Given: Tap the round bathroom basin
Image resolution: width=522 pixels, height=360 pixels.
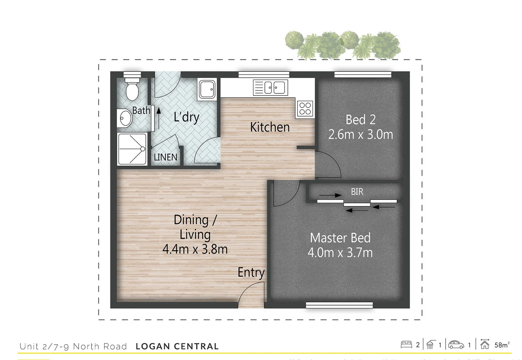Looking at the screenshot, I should point(126,118).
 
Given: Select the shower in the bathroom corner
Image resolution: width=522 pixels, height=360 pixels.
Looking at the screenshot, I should point(132,149).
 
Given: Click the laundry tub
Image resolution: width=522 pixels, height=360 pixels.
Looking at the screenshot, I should point(207,89).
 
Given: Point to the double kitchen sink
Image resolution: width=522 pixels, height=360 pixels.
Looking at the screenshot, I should point(270,88).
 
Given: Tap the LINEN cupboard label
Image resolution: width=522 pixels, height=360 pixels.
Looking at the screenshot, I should point(165,157).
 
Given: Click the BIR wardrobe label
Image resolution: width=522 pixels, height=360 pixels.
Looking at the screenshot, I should point(357,192).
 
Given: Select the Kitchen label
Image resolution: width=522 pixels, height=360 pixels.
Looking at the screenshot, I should point(270,127).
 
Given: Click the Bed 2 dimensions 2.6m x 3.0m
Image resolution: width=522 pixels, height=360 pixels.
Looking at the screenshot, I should point(361,135).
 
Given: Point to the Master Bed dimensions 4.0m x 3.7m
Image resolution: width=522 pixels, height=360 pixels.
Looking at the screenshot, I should point(340,252).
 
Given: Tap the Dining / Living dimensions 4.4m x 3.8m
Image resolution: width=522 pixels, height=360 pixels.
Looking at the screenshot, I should point(195,249).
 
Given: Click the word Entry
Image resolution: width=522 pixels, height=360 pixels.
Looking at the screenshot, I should point(251,272).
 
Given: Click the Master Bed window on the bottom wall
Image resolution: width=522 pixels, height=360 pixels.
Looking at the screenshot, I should point(339,305).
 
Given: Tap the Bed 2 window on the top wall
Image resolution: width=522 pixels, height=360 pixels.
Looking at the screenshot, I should point(363,75).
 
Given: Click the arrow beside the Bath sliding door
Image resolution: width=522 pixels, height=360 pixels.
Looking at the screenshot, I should point(158,115).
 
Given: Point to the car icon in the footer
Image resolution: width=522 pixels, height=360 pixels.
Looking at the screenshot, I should point(456,344).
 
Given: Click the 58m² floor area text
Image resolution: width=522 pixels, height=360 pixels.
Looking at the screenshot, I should point(502,345).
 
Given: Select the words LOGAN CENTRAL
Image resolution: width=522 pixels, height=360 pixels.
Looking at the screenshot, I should point(177,347).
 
